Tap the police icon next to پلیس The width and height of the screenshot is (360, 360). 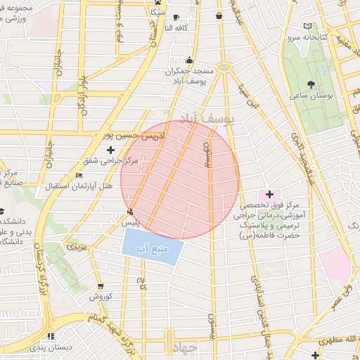tap(129, 212)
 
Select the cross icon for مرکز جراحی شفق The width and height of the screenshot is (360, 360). tap(110, 150)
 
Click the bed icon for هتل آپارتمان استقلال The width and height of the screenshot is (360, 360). tap(79, 175)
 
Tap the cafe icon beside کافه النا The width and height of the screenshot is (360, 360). tap(175, 16)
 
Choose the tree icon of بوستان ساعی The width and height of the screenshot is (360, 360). tap(311, 84)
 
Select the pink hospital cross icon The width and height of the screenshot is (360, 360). tap(269, 193)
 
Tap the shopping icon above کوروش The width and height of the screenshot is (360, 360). tap(102, 286)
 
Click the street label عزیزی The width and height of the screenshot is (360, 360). tap(77, 248)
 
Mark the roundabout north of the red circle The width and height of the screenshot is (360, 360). tap(224, 67)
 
